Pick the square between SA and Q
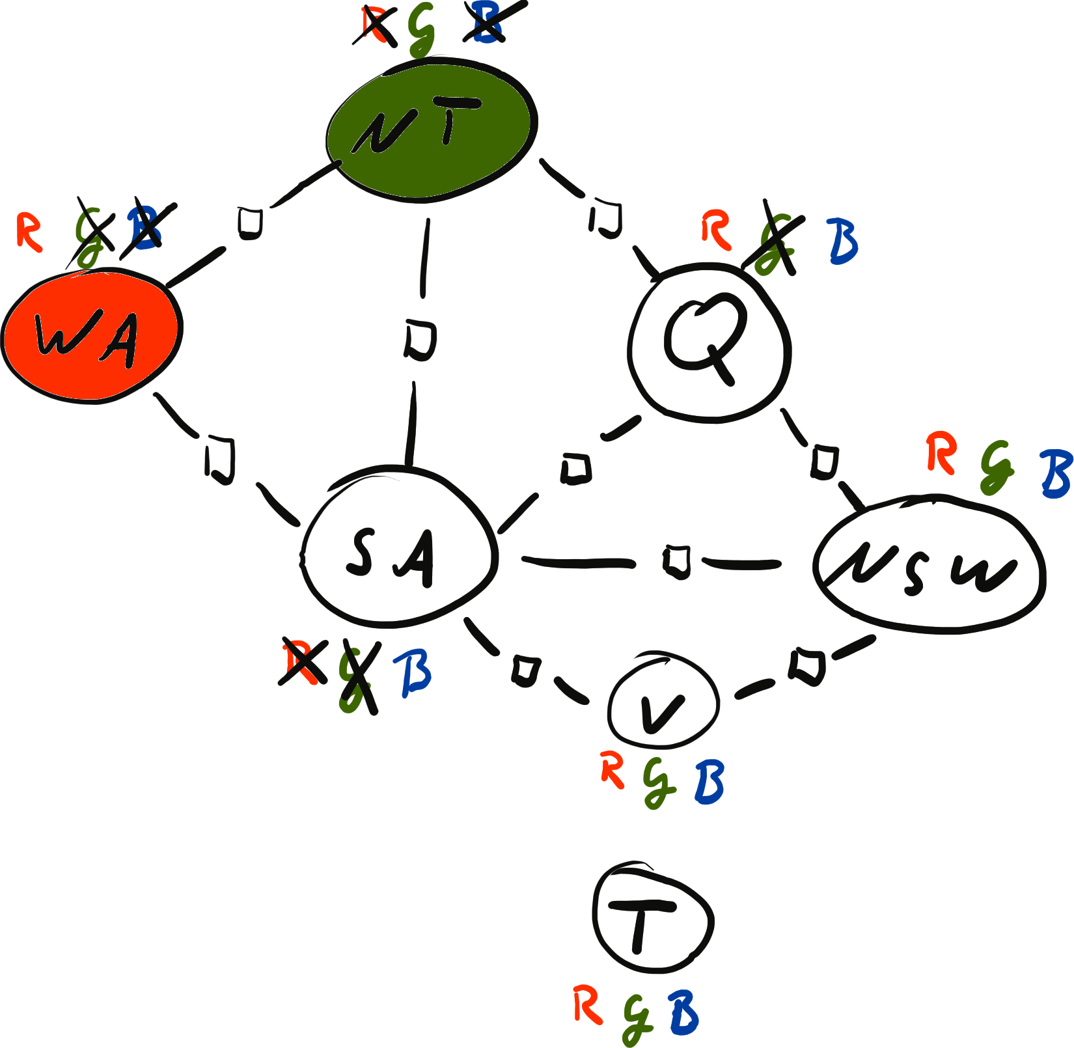pyautogui.click(x=577, y=467)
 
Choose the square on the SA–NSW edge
pyautogui.click(x=677, y=561)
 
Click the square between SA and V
pyautogui.click(x=525, y=670)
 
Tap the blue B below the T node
pyautogui.click(x=683, y=1013)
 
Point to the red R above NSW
pyautogui.click(x=941, y=453)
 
